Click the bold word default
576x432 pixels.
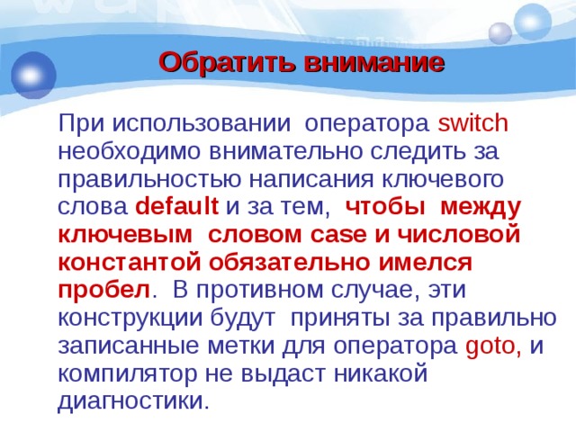click(177, 206)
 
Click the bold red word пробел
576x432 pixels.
click(103, 291)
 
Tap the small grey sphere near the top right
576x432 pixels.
click(499, 33)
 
